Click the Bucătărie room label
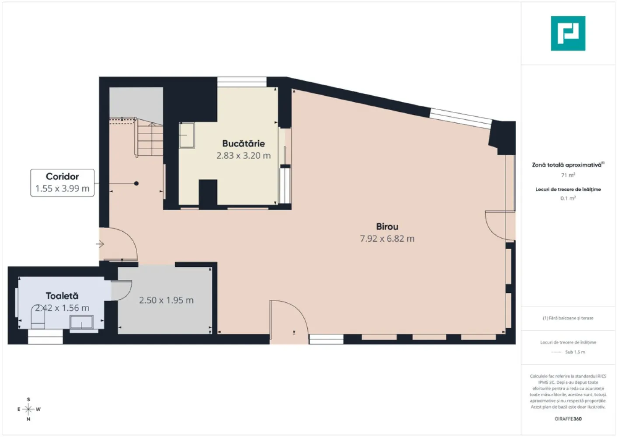tap(243, 144)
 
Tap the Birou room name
tap(387, 227)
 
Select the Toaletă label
tap(62, 296)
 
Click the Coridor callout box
tap(62, 183)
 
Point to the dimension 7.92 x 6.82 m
tap(387, 239)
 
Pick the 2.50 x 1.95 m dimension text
tap(166, 300)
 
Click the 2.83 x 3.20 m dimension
tap(243, 156)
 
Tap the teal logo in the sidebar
tap(568, 34)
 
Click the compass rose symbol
tap(28, 409)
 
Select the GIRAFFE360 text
tap(568, 419)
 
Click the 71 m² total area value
tap(568, 175)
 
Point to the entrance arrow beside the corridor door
tap(100, 244)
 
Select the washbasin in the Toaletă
tap(81, 322)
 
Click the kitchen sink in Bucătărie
tap(187, 135)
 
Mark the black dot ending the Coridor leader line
tap(136, 184)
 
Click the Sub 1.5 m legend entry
tap(574, 352)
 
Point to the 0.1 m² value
tap(568, 198)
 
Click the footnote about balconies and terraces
tap(568, 318)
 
